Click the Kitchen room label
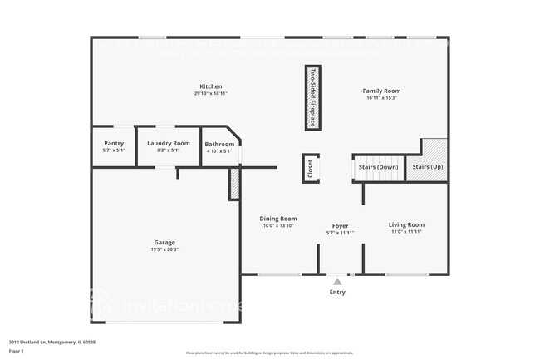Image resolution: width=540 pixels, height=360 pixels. [x=210, y=86]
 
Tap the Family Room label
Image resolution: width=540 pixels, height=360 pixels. [x=381, y=91]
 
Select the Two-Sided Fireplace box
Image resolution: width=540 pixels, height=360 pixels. [x=312, y=97]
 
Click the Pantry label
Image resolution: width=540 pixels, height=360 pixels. [x=113, y=143]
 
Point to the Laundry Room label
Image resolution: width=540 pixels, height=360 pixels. [x=169, y=143]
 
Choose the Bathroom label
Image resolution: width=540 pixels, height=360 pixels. [x=220, y=145]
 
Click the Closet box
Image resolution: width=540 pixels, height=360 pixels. [x=310, y=169]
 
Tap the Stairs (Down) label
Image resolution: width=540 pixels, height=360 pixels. [x=379, y=167]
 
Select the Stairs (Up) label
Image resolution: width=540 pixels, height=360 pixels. [x=427, y=167]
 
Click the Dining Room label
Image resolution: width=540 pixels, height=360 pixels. [x=279, y=219]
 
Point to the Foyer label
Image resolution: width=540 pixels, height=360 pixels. [x=340, y=226]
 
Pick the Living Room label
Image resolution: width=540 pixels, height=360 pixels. [x=407, y=224]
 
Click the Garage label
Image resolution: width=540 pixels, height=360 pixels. [x=164, y=242]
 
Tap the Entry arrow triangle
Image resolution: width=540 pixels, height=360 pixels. [x=337, y=282]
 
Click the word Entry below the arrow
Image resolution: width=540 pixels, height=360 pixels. [x=337, y=292]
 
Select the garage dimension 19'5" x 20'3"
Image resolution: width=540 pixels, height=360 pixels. [x=164, y=249]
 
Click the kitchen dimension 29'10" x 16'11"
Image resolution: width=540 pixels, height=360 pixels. [x=210, y=94]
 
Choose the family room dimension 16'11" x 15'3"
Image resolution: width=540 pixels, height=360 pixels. [x=381, y=98]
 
